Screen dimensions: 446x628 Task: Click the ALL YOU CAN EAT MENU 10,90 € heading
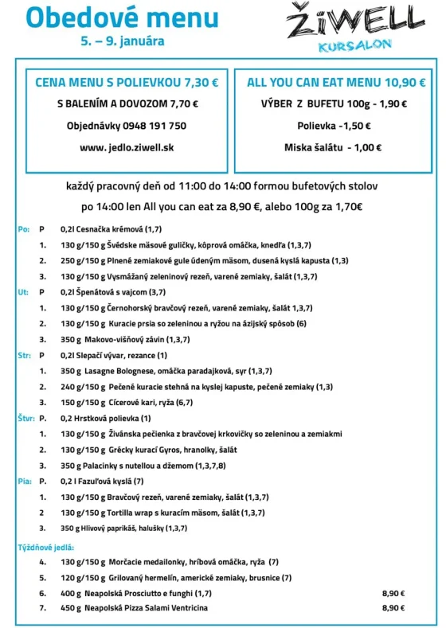pyautogui.click(x=335, y=81)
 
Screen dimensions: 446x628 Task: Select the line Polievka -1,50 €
pyautogui.click(x=334, y=126)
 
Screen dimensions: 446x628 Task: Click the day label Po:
pyautogui.click(x=23, y=229)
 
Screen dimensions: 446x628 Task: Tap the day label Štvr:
pyautogui.click(x=25, y=418)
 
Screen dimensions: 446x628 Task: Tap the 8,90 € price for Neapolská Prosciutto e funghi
pyautogui.click(x=393, y=593)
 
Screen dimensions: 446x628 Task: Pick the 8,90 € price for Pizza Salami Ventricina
pyautogui.click(x=393, y=608)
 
